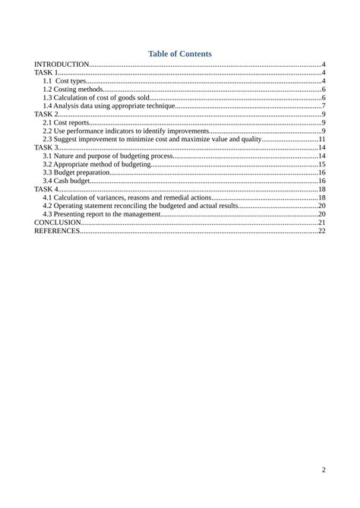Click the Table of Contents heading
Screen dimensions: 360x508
coord(180,54)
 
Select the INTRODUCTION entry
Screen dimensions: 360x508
coord(62,65)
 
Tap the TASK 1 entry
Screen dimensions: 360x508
coord(46,72)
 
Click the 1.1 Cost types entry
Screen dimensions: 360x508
coord(65,80)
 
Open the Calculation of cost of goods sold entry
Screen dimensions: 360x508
coord(96,97)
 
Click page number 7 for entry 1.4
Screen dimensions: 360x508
coord(324,106)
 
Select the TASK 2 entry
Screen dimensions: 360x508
coord(46,114)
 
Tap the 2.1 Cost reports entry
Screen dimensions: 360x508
coord(66,122)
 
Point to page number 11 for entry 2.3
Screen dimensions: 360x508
coord(321,139)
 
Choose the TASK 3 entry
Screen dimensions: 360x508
coord(46,147)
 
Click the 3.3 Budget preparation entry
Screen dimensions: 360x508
coord(77,172)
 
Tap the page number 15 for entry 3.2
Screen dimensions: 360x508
coord(321,164)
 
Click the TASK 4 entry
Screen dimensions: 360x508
coord(46,189)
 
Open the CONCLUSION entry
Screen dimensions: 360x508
coord(58,222)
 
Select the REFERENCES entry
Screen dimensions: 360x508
coord(57,231)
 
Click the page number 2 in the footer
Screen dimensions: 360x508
coord(324,470)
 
